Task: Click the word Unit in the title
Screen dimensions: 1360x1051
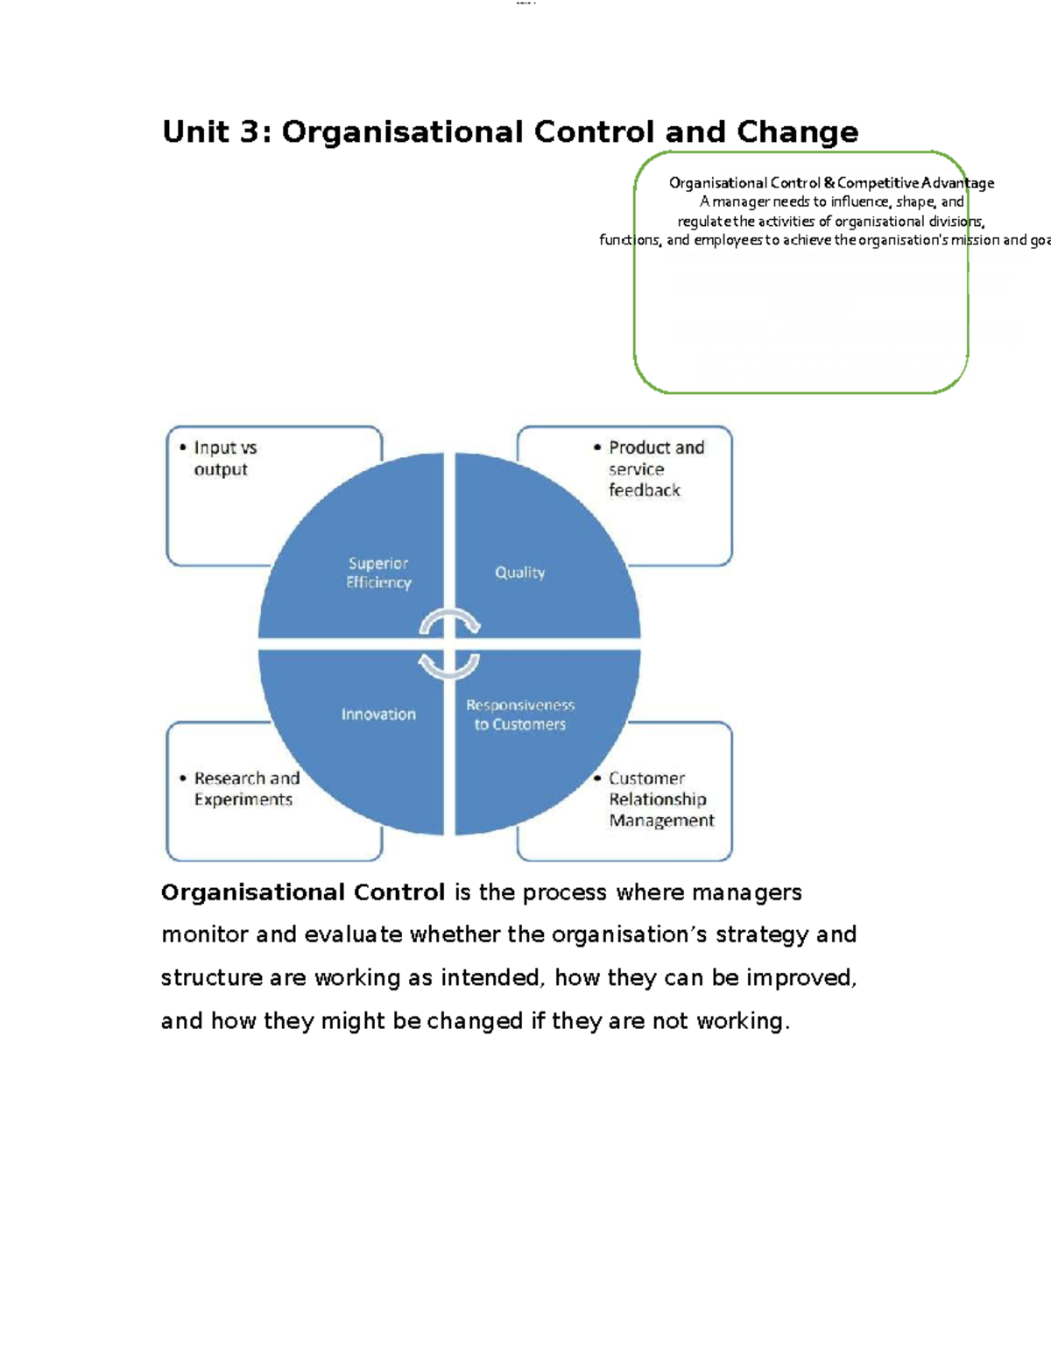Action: (x=194, y=132)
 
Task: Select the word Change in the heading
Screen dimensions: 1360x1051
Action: (x=797, y=132)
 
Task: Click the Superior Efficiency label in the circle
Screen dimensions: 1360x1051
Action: (x=378, y=573)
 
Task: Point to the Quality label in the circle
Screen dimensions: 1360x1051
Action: (x=519, y=573)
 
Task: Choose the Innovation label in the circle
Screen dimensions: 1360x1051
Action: (x=378, y=715)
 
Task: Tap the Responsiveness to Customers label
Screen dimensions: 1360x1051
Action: (x=520, y=715)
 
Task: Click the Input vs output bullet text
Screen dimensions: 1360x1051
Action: (x=225, y=458)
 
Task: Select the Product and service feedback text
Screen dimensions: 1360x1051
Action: (x=656, y=469)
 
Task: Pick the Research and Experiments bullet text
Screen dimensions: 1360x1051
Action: (x=246, y=788)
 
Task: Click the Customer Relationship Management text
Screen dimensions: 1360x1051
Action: (x=661, y=799)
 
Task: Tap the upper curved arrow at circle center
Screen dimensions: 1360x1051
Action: (x=450, y=621)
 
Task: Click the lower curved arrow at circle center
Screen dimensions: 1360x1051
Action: (x=448, y=666)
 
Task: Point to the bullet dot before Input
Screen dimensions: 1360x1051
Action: (x=183, y=447)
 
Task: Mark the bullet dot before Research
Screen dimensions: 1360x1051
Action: (x=183, y=778)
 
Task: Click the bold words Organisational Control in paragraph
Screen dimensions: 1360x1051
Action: (x=303, y=892)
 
